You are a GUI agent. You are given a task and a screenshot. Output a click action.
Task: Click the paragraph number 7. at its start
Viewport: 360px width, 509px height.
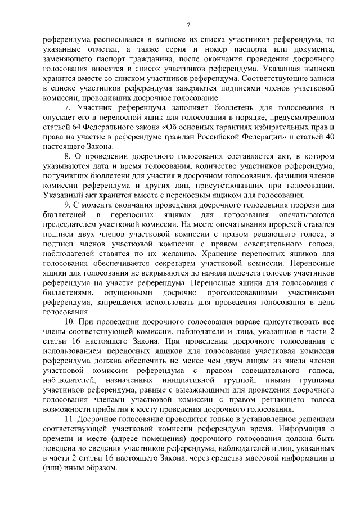(67, 107)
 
